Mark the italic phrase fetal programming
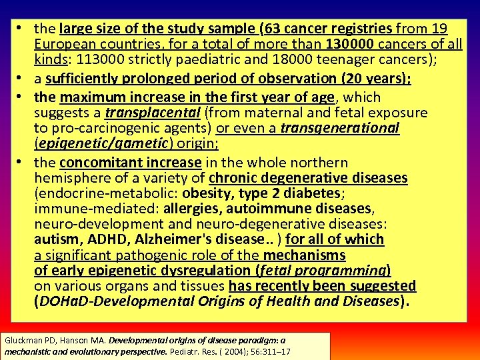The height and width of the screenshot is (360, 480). click(x=323, y=270)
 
